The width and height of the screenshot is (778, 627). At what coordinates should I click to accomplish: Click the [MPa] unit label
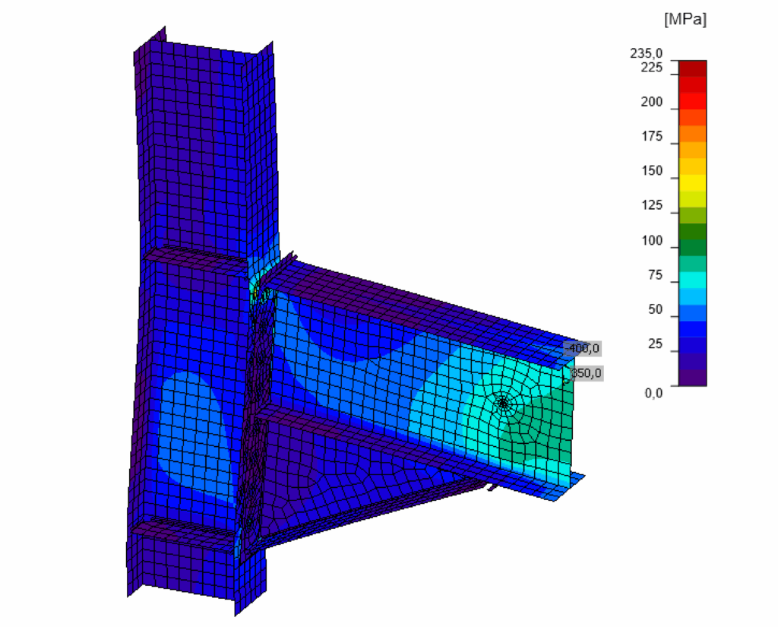tap(685, 19)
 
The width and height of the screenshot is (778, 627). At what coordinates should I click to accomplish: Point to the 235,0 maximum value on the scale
tap(646, 53)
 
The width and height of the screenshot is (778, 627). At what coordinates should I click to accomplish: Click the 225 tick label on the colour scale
tap(651, 67)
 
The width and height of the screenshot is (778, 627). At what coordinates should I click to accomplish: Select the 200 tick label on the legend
tap(651, 102)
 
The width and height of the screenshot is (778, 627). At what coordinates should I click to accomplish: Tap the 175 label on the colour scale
tap(651, 137)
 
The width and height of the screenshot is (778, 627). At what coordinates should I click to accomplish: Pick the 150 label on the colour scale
tap(651, 171)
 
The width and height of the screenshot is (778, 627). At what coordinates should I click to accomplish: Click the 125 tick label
tap(651, 205)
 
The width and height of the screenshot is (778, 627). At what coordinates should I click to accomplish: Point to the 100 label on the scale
tap(651, 241)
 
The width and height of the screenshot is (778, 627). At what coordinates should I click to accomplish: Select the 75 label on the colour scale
tap(655, 275)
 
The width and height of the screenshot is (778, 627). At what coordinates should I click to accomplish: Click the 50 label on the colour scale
tap(655, 309)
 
